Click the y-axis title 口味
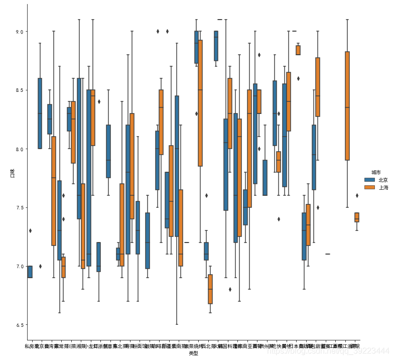(x=12, y=173)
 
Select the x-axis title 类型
(x=194, y=353)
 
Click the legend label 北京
(x=383, y=180)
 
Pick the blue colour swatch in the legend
(x=370, y=180)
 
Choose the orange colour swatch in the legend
(x=370, y=187)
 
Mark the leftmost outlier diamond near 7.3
(x=30, y=230)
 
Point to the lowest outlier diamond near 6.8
(x=230, y=289)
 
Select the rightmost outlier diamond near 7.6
(x=357, y=196)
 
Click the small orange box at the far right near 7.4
(x=356, y=217)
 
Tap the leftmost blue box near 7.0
(x=30, y=272)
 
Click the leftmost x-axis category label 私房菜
(x=30, y=346)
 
